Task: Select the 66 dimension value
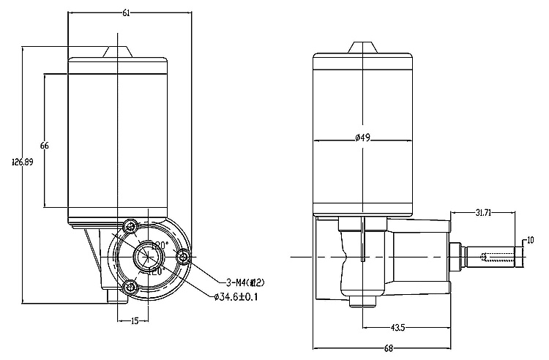tap(44, 146)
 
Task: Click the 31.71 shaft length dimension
tap(482, 213)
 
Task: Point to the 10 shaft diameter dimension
tap(531, 240)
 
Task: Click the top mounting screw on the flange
tap(132, 225)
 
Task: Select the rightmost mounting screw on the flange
tap(183, 256)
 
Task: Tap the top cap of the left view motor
tap(117, 53)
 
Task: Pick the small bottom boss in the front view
tap(113, 296)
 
